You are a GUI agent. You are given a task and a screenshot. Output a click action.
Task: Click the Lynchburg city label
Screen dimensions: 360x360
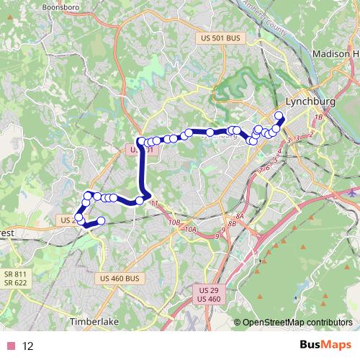[310, 102]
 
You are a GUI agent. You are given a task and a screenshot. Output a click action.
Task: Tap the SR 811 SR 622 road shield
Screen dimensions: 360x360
[15, 279]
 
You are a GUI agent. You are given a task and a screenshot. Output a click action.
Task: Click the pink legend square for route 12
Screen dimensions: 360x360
[11, 346]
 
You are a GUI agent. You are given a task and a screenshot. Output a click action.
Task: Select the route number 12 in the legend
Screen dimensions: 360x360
[28, 346]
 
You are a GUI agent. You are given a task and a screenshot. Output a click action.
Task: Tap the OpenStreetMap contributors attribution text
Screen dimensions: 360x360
[298, 323]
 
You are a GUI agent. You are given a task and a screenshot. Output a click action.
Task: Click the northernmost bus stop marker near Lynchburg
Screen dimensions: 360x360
[279, 114]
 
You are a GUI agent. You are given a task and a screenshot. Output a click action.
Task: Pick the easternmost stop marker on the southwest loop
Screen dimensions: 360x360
[101, 220]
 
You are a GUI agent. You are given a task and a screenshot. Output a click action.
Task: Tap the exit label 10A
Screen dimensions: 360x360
[190, 229]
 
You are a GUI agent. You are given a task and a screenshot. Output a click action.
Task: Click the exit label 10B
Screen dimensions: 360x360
[174, 223]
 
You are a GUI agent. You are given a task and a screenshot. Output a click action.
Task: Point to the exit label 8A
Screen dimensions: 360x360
[241, 216]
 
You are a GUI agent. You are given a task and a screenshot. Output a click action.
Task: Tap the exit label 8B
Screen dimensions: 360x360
[232, 224]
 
